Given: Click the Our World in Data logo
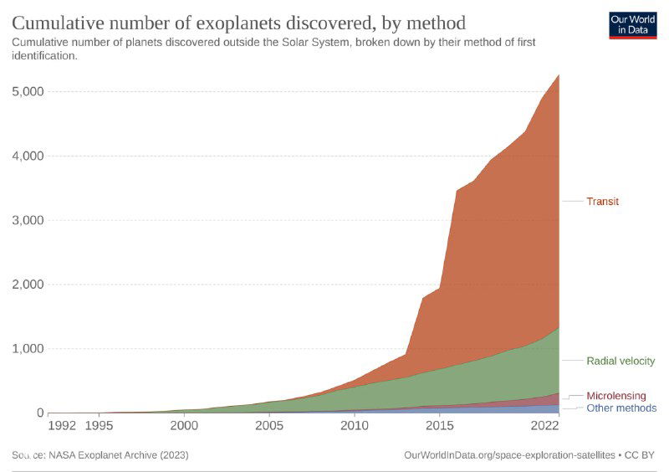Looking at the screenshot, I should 632,24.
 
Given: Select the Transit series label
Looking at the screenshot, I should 602,202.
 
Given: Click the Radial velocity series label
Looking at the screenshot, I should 620,361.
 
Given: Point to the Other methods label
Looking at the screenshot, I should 621,408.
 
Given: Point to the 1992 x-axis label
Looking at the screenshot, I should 63,425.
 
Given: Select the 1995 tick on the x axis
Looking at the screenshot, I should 100,425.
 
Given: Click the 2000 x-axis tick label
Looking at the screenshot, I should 185,425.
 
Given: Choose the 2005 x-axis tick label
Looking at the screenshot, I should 269,425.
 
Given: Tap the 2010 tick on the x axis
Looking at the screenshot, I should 355,425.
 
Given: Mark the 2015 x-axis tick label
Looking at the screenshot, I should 439,425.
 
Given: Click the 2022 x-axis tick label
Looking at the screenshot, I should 545,425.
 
